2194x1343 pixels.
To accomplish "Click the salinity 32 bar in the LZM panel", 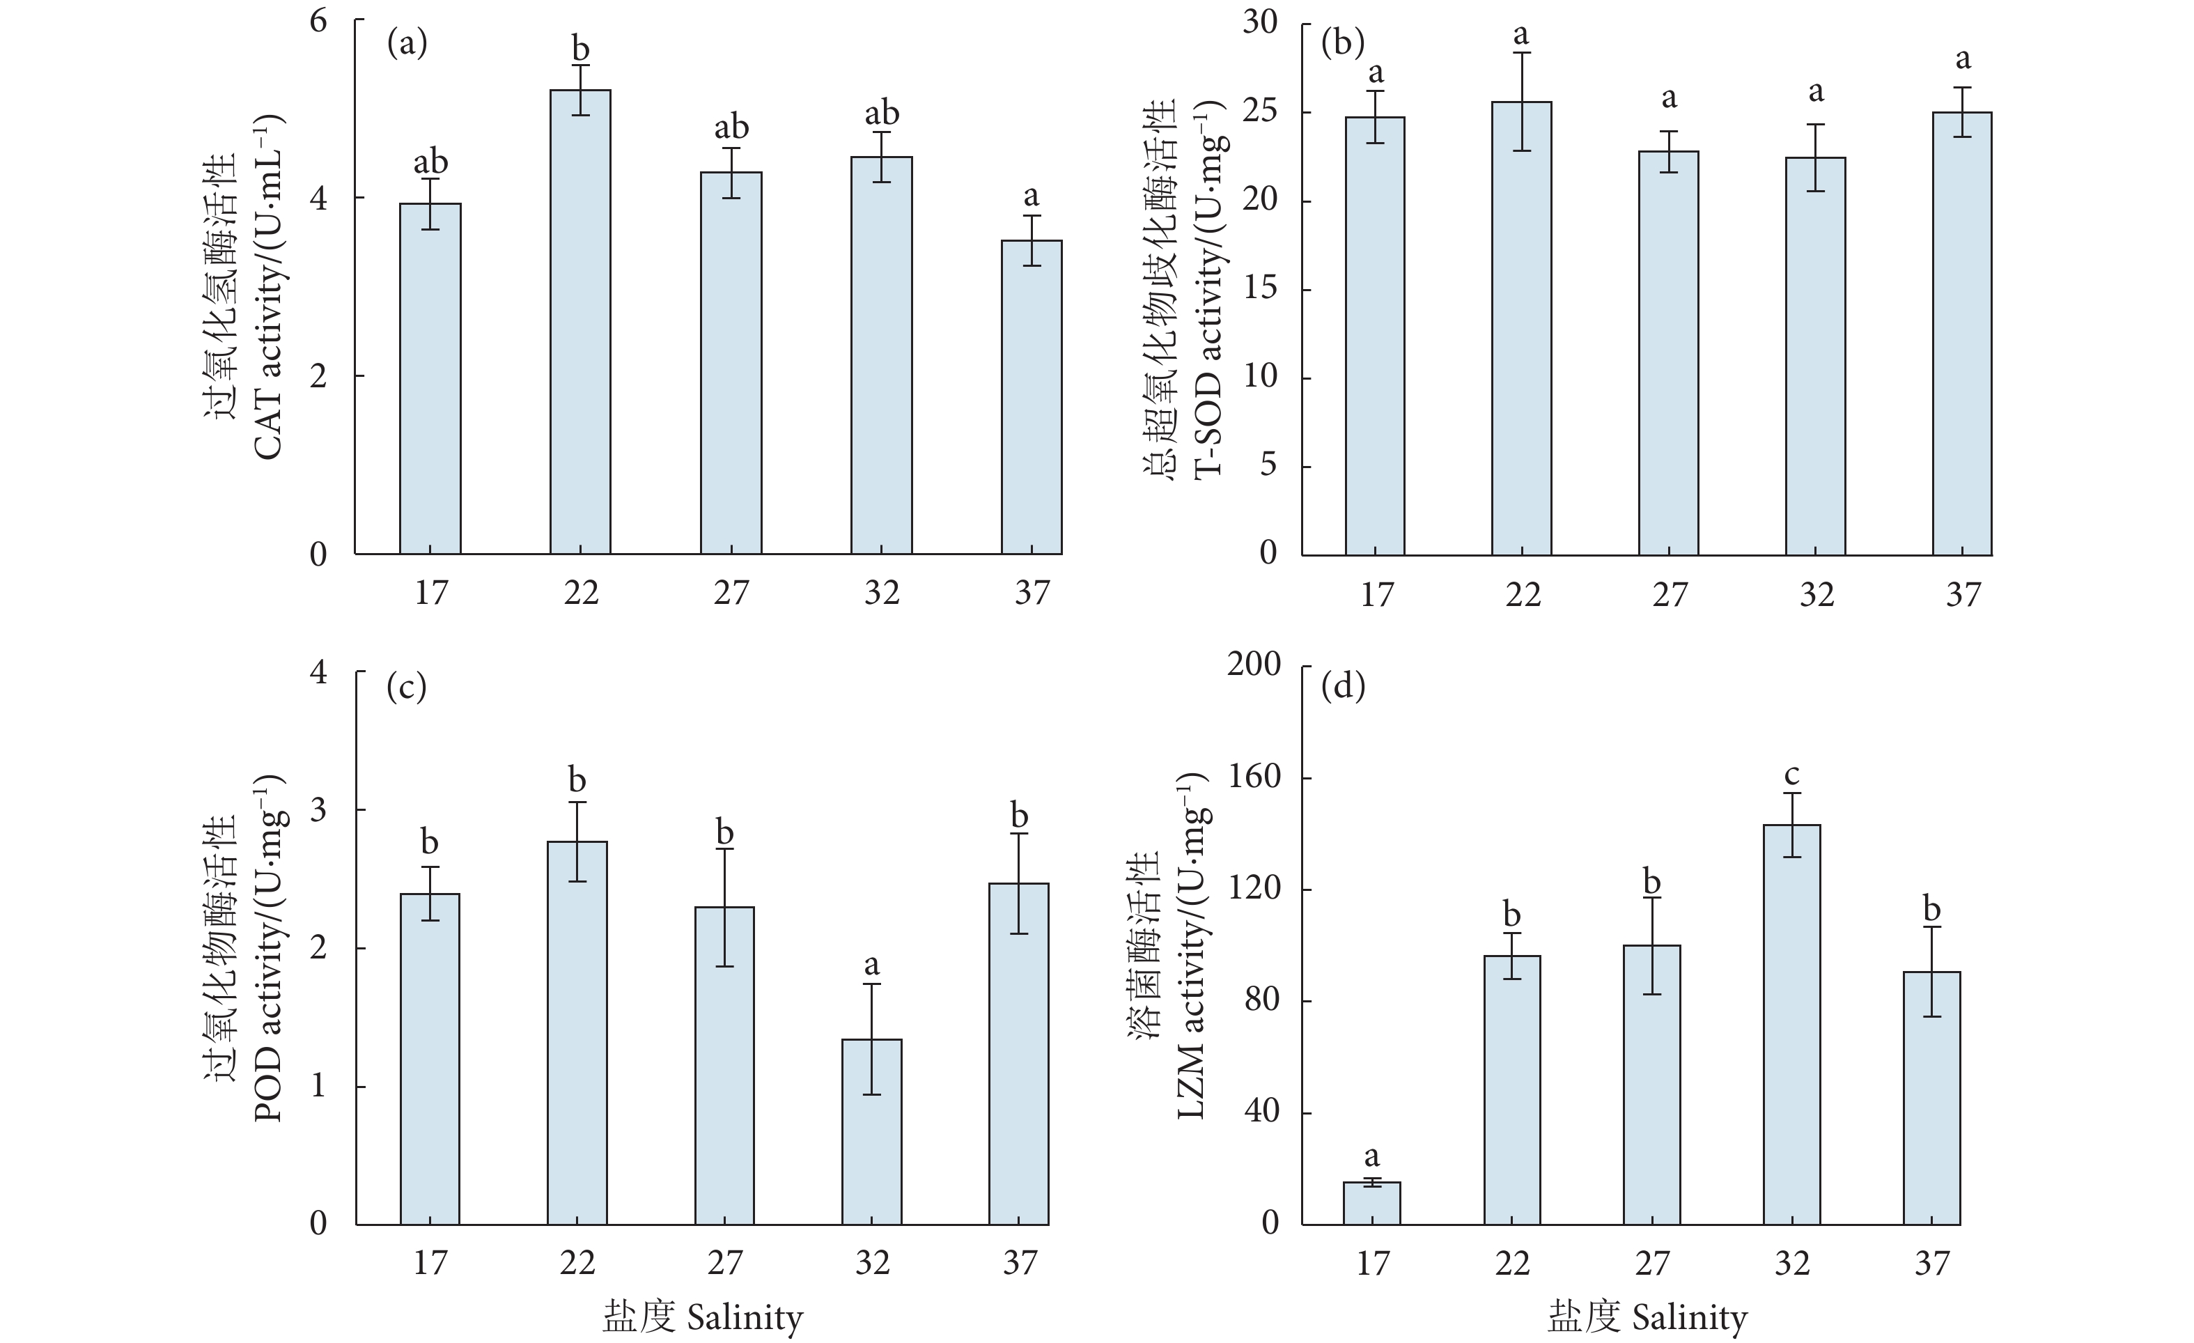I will [x=1791, y=1024].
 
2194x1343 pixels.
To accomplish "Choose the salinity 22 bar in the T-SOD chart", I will [x=1522, y=327].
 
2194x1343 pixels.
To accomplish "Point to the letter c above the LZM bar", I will [x=1791, y=775].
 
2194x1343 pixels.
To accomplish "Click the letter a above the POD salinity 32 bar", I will [x=872, y=965].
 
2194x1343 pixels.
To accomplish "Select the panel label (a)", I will [x=407, y=42].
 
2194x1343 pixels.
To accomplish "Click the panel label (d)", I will [x=1343, y=687].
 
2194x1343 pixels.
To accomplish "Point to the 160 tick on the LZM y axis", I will [x=1254, y=777].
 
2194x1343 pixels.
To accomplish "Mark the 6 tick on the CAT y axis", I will [x=318, y=20].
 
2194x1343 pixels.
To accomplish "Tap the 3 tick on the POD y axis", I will [x=318, y=809].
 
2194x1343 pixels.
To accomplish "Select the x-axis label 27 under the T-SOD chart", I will [x=1670, y=594].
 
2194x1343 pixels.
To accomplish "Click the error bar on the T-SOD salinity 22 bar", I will [x=1522, y=102].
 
